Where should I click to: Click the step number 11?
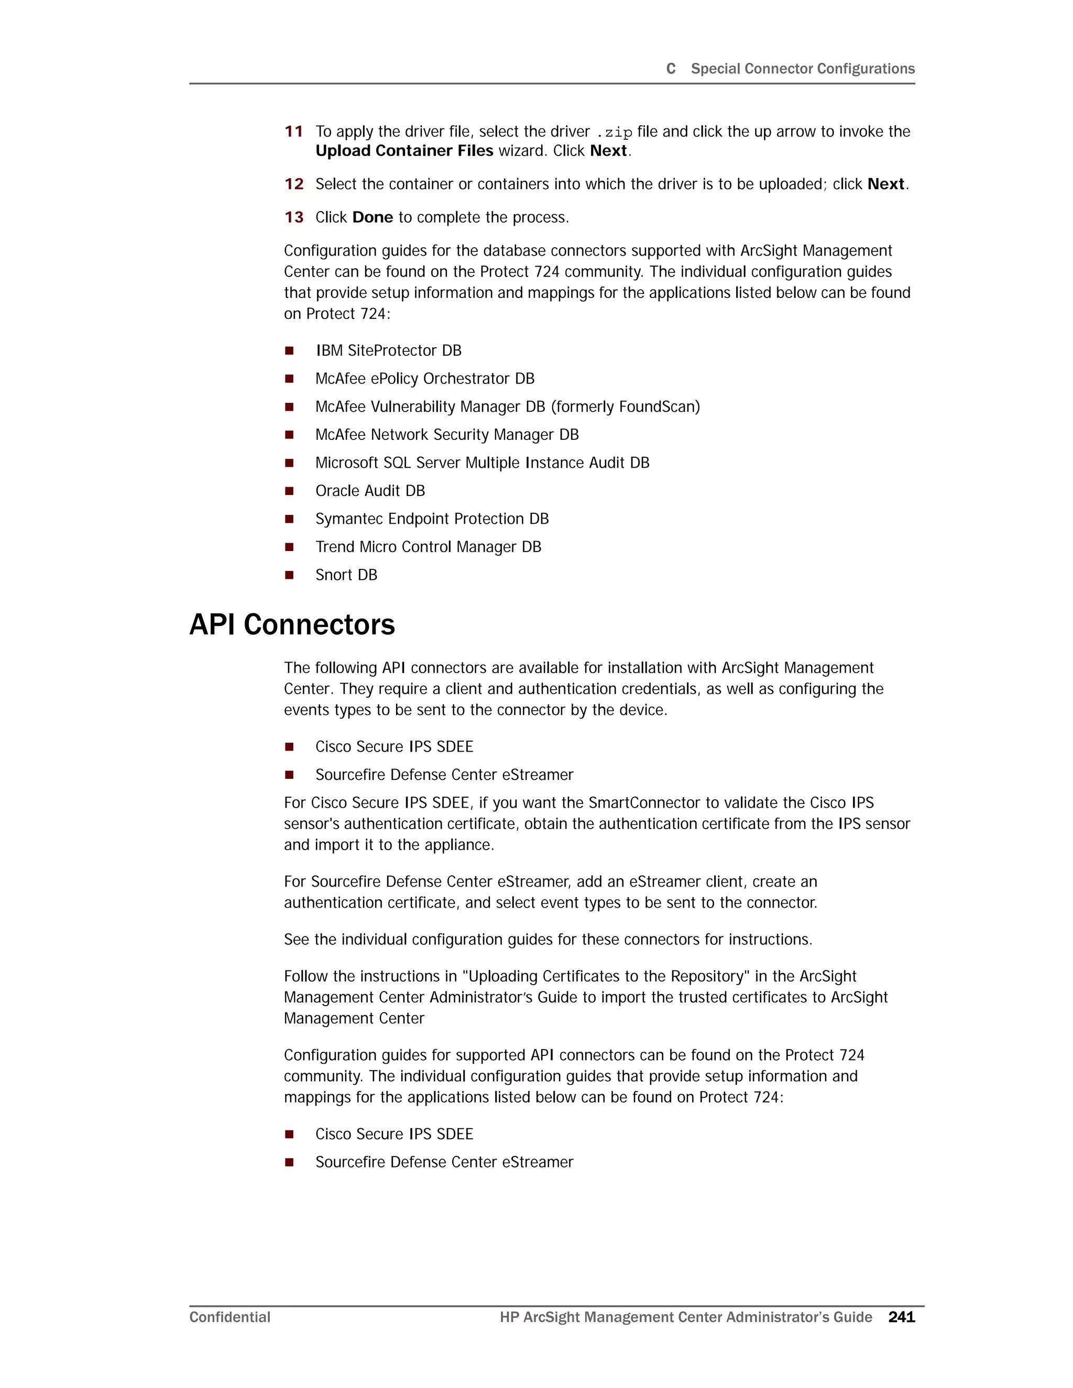coord(294,131)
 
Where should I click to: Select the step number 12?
coord(294,184)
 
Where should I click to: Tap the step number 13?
coord(294,217)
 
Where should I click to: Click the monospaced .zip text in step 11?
coord(615,132)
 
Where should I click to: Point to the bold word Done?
coord(373,217)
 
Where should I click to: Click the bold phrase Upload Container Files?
coord(404,151)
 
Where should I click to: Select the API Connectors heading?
coord(292,625)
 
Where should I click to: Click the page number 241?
coord(901,1317)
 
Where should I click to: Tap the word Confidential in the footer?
coord(229,1317)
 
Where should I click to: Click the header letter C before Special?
coord(671,69)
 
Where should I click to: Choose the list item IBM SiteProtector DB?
coord(388,351)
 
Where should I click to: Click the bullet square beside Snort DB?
coord(289,575)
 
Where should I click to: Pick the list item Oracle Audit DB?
coord(370,491)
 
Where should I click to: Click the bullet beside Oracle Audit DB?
coord(289,491)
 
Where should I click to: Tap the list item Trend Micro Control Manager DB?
coord(428,547)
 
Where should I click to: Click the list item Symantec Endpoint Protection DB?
coord(432,519)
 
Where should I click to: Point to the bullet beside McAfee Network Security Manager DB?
coord(289,435)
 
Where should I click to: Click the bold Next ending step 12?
coord(885,184)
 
